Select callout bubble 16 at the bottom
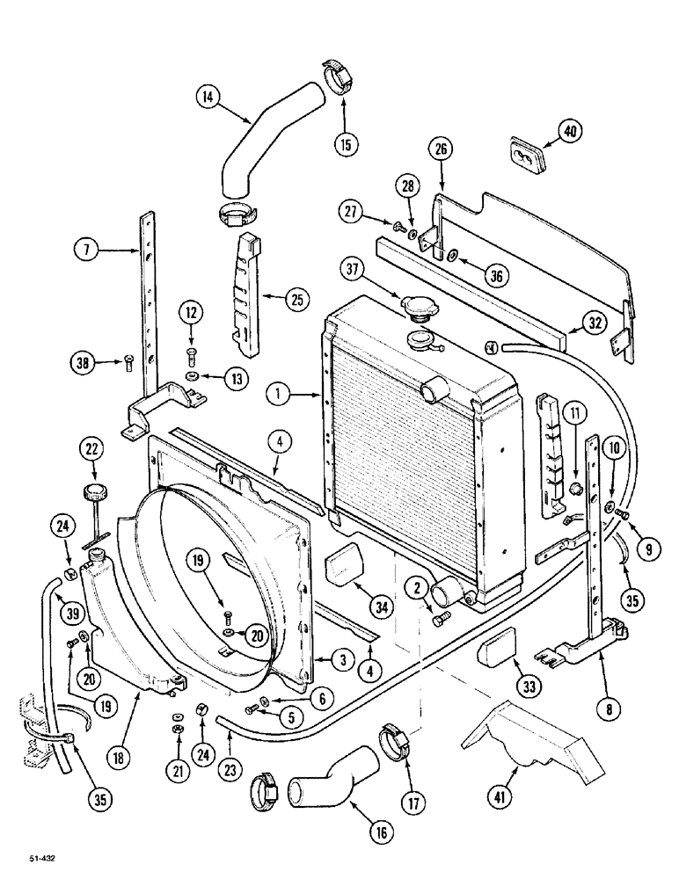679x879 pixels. coord(382,832)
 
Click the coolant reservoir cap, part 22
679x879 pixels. coord(91,491)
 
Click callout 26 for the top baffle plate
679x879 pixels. coord(442,149)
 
